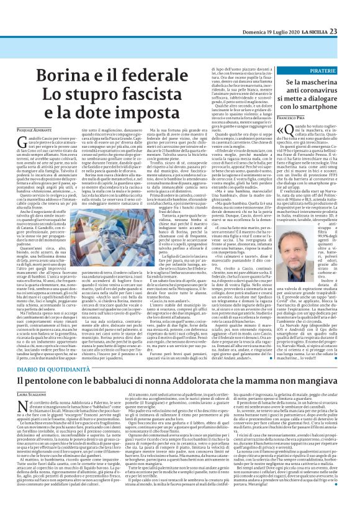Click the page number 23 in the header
pos(351,14)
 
